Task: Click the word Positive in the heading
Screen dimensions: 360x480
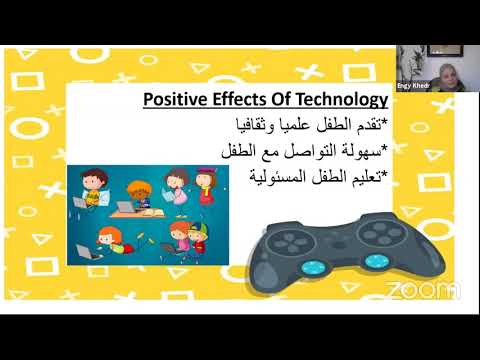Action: pyautogui.click(x=172, y=100)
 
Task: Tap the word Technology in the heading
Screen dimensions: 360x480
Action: pyautogui.click(x=340, y=100)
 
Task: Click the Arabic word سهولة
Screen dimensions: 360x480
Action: pyautogui.click(x=356, y=151)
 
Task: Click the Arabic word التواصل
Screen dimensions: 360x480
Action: pyautogui.click(x=302, y=151)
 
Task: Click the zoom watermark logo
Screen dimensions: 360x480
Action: pyautogui.click(x=423, y=290)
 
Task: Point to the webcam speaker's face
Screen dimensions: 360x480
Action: pyautogui.click(x=443, y=73)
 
